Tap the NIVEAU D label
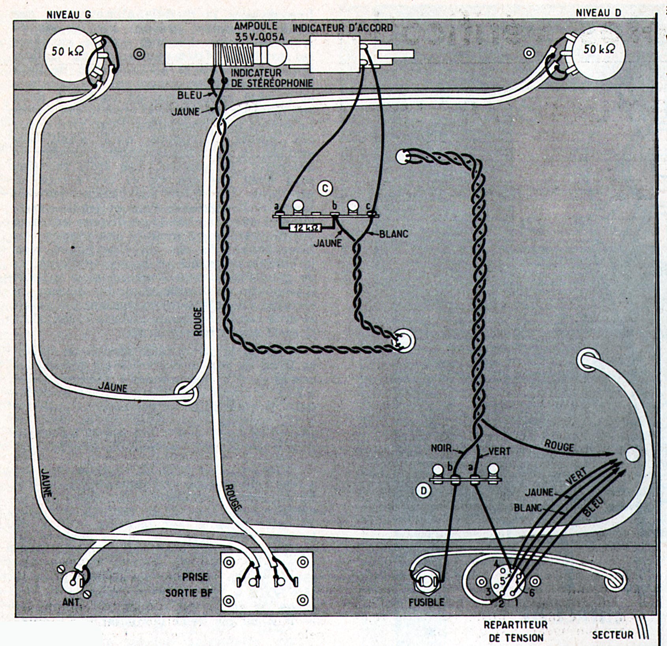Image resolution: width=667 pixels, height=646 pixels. [x=598, y=13]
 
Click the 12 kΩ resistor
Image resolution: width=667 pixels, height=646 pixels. [x=305, y=228]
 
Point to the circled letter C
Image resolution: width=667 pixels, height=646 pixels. [x=325, y=189]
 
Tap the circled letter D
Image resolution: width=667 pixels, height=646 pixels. [x=424, y=490]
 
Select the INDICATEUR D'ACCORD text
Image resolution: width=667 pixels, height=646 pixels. [x=342, y=28]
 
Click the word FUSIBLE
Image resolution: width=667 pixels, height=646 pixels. [x=426, y=602]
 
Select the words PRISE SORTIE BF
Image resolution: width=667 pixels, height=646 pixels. [x=187, y=584]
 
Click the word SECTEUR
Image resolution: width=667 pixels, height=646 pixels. [x=612, y=635]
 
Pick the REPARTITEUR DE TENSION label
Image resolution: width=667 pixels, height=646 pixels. [x=516, y=631]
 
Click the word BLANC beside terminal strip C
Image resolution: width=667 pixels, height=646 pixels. [x=394, y=234]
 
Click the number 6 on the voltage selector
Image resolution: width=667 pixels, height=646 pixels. [x=532, y=592]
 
